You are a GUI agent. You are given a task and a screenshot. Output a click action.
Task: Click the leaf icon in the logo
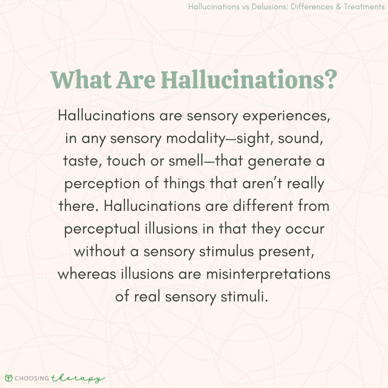coord(9,378)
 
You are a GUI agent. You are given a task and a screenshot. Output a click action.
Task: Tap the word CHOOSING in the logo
coord(31,378)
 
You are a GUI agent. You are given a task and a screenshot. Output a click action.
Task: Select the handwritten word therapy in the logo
coord(78,378)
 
